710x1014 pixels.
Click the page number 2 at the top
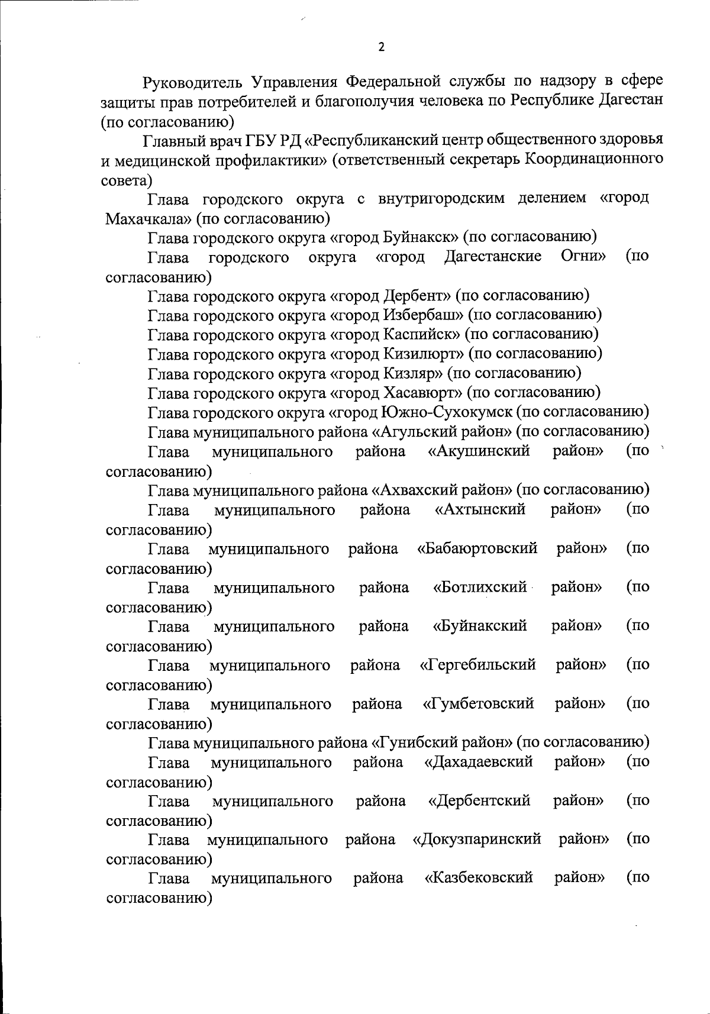381,48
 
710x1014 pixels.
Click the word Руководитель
191,81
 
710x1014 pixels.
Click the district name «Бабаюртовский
477,548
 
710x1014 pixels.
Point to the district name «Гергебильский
477,665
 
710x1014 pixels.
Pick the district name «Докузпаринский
477,839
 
